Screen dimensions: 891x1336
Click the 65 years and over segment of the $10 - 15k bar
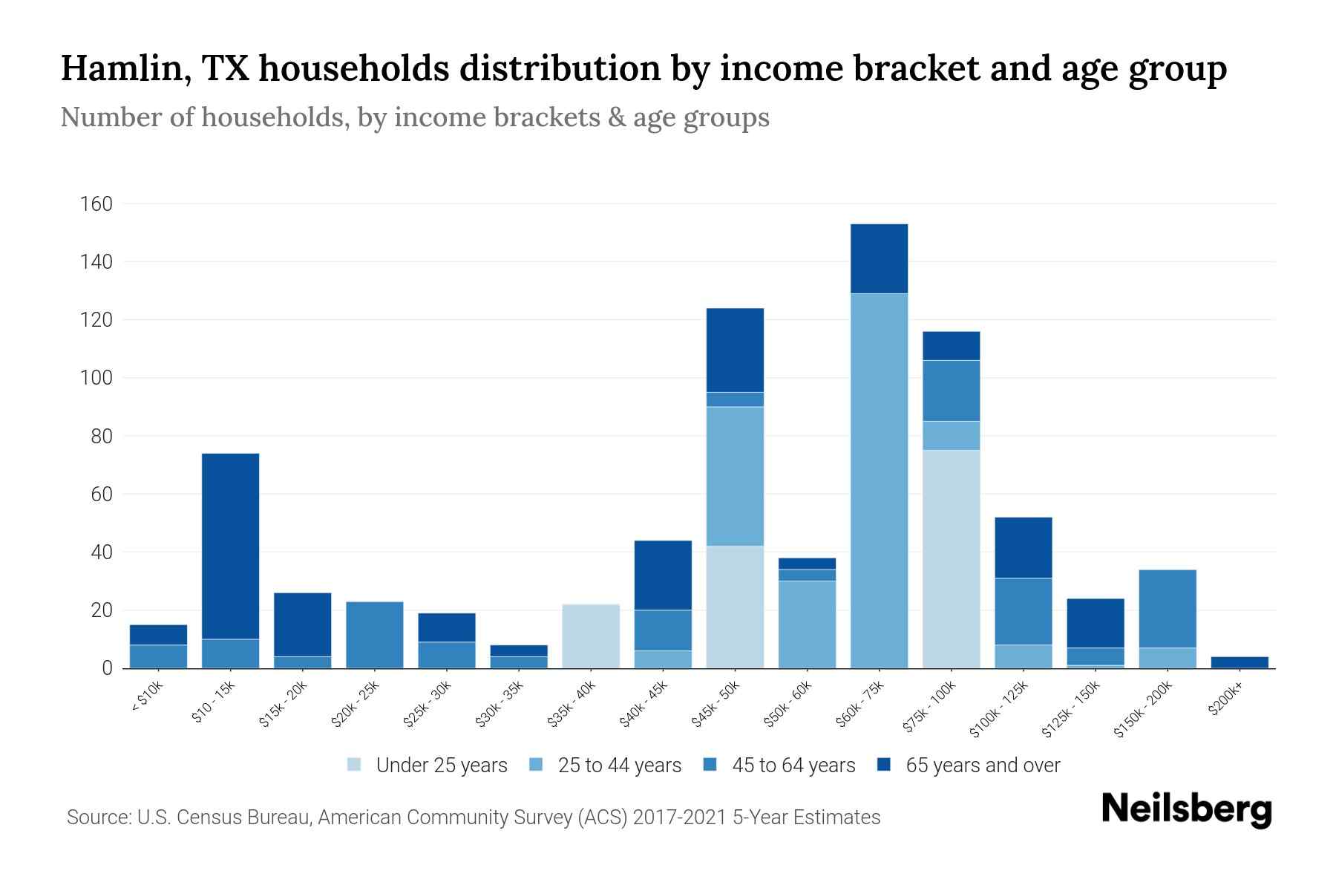(x=230, y=546)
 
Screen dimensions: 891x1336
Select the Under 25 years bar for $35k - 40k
(x=591, y=636)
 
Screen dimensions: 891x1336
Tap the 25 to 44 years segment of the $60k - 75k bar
(x=879, y=480)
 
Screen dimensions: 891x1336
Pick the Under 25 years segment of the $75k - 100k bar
(x=951, y=559)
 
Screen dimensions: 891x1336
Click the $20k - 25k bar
(x=375, y=635)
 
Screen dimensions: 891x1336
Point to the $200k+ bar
(x=1239, y=662)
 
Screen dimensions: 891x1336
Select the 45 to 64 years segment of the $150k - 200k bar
(x=1167, y=609)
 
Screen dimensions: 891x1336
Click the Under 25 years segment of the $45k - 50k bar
(x=735, y=607)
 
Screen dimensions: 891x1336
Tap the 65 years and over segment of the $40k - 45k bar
(x=663, y=575)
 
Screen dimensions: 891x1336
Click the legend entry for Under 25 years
(x=427, y=766)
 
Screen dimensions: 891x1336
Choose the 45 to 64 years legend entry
(x=779, y=766)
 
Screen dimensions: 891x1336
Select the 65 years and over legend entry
(x=968, y=766)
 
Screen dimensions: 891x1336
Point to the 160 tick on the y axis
(x=96, y=203)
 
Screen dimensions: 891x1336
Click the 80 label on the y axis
(x=102, y=436)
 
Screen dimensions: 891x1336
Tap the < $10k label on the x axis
(x=146, y=698)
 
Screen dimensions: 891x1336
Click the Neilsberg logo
(x=1186, y=809)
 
